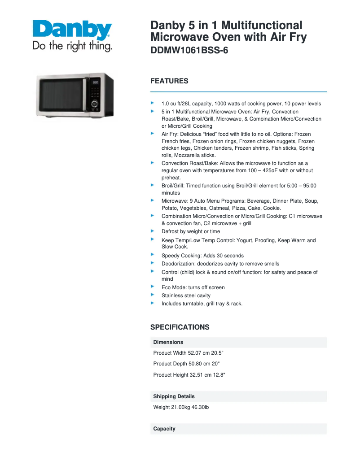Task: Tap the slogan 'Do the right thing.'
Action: (x=72, y=46)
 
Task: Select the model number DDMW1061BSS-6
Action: (x=189, y=51)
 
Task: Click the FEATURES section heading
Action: (x=169, y=81)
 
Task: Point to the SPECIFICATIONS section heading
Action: (x=180, y=327)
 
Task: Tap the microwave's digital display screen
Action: (x=95, y=83)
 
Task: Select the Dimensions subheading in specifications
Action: (x=168, y=342)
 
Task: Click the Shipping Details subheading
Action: (x=174, y=396)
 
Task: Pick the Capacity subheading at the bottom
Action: (x=164, y=429)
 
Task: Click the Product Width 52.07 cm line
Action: (x=189, y=353)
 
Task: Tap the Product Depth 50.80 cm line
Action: (x=186, y=364)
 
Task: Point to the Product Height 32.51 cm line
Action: (x=189, y=375)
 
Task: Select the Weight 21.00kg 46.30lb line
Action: (x=181, y=407)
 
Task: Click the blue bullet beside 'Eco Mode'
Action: (x=153, y=287)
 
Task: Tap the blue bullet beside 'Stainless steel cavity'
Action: (x=153, y=295)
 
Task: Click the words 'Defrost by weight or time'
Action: (x=191, y=231)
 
